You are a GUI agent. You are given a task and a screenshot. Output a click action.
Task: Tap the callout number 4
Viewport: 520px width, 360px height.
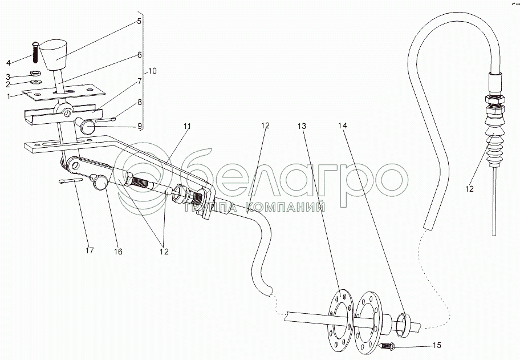pyautogui.click(x=9, y=62)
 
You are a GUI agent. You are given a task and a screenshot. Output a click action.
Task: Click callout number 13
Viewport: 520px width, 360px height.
pyautogui.click(x=302, y=126)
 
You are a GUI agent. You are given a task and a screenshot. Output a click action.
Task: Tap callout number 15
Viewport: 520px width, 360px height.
pyautogui.click(x=438, y=345)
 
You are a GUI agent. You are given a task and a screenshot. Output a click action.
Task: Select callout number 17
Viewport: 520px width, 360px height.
pyautogui.click(x=89, y=250)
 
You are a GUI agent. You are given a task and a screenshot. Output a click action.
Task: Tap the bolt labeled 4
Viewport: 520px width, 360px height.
pyautogui.click(x=35, y=54)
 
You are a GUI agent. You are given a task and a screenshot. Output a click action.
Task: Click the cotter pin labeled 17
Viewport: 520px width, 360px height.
pyautogui.click(x=71, y=182)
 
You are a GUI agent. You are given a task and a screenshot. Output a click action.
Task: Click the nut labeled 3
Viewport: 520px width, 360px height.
pyautogui.click(x=35, y=73)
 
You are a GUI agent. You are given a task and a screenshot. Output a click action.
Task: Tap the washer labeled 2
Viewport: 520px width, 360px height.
pyautogui.click(x=34, y=81)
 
